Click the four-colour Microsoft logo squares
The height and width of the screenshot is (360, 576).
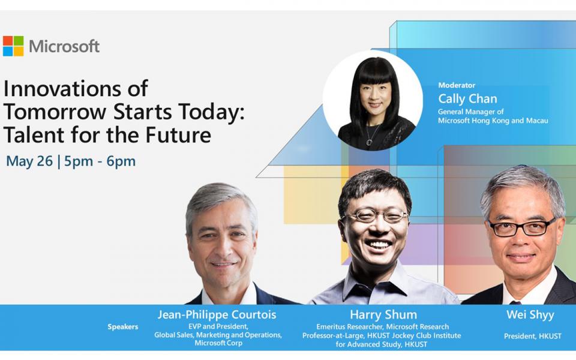[13, 46]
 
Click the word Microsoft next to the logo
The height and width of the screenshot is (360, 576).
[64, 46]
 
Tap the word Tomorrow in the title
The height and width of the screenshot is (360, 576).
[55, 112]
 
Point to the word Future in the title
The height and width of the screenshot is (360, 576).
[179, 134]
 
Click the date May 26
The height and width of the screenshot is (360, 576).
[29, 161]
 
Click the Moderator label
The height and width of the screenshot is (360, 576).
[457, 85]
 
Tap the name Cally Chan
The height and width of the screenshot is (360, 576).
[467, 98]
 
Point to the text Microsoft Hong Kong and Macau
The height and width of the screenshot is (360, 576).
[493, 121]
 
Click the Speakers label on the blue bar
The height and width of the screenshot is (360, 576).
[122, 327]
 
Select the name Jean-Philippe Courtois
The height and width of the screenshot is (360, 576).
[217, 314]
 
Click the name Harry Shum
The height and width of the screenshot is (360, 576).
[383, 314]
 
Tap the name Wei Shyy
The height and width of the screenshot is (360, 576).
[530, 315]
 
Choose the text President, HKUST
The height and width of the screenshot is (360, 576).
[533, 336]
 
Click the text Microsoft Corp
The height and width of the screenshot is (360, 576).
[218, 343]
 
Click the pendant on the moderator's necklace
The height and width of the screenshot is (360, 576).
[369, 142]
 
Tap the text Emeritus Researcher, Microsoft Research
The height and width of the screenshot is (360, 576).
[382, 326]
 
